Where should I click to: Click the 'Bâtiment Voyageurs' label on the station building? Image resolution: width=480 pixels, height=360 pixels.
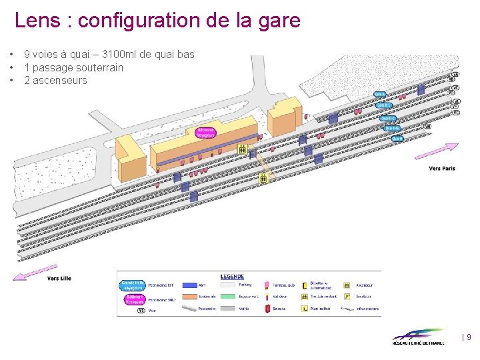point(206,133)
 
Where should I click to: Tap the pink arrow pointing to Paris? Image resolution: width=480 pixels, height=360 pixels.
point(436,151)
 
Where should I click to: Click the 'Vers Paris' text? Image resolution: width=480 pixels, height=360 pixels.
point(442,169)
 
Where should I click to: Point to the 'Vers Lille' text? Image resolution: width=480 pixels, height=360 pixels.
point(59,278)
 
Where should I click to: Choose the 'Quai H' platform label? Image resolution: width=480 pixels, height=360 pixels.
point(397,139)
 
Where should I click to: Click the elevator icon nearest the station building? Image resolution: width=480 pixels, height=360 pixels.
point(243,150)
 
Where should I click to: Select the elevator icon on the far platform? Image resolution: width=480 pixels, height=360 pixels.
point(264,178)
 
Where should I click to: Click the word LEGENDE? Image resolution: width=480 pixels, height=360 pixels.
point(232,277)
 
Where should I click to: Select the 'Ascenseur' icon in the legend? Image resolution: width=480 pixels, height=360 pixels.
point(347,285)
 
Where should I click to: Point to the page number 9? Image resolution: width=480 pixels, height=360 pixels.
point(469,337)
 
